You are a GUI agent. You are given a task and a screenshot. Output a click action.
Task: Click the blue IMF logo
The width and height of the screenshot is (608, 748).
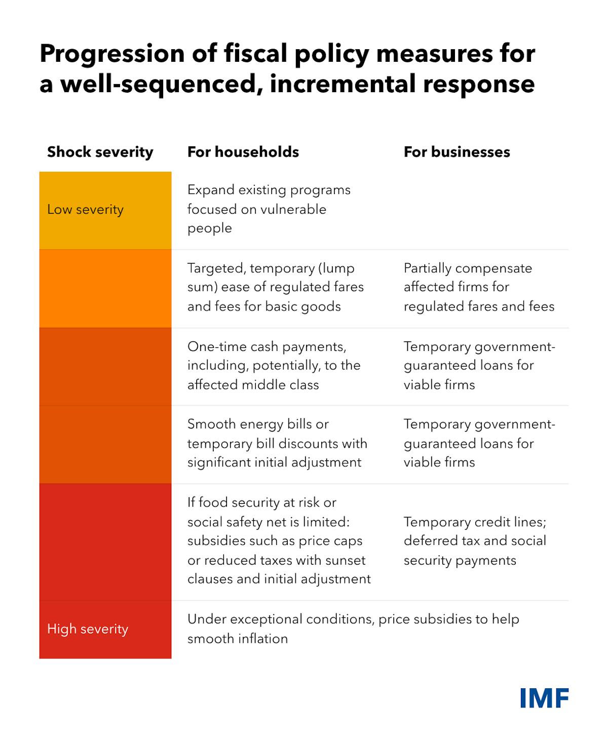click(x=544, y=698)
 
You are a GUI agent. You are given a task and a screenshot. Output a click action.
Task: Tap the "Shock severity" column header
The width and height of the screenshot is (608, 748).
click(x=100, y=152)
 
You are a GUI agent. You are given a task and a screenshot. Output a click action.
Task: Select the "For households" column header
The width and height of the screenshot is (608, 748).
click(x=243, y=152)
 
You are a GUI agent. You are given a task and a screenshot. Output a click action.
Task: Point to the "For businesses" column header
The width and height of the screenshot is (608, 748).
click(x=457, y=152)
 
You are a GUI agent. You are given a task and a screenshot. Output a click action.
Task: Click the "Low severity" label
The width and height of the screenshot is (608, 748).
click(x=85, y=209)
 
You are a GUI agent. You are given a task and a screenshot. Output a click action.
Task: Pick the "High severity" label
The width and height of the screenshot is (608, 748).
click(x=88, y=629)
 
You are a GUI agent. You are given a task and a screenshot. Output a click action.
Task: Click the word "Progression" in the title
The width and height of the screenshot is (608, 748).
click(x=112, y=54)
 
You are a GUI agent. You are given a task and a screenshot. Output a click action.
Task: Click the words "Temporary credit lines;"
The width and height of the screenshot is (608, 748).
click(x=475, y=522)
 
